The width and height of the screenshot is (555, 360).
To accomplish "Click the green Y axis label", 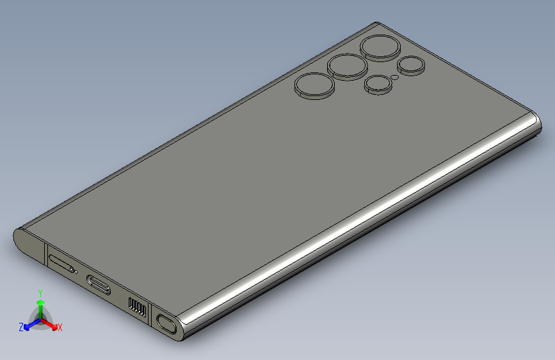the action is point(40,293).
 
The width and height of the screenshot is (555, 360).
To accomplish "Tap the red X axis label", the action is point(60,327).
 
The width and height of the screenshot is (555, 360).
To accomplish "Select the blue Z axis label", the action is point(21,327).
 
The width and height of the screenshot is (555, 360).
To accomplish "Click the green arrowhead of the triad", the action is point(41,303).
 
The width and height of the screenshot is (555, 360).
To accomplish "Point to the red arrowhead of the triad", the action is point(54,327).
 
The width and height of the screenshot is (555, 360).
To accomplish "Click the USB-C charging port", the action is point(99,284).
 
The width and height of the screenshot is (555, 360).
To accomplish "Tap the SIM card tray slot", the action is point(61,264).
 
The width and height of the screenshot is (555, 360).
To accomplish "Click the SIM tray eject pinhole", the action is point(76,272).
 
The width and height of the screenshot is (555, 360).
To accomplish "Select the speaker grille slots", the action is point(137,307).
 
